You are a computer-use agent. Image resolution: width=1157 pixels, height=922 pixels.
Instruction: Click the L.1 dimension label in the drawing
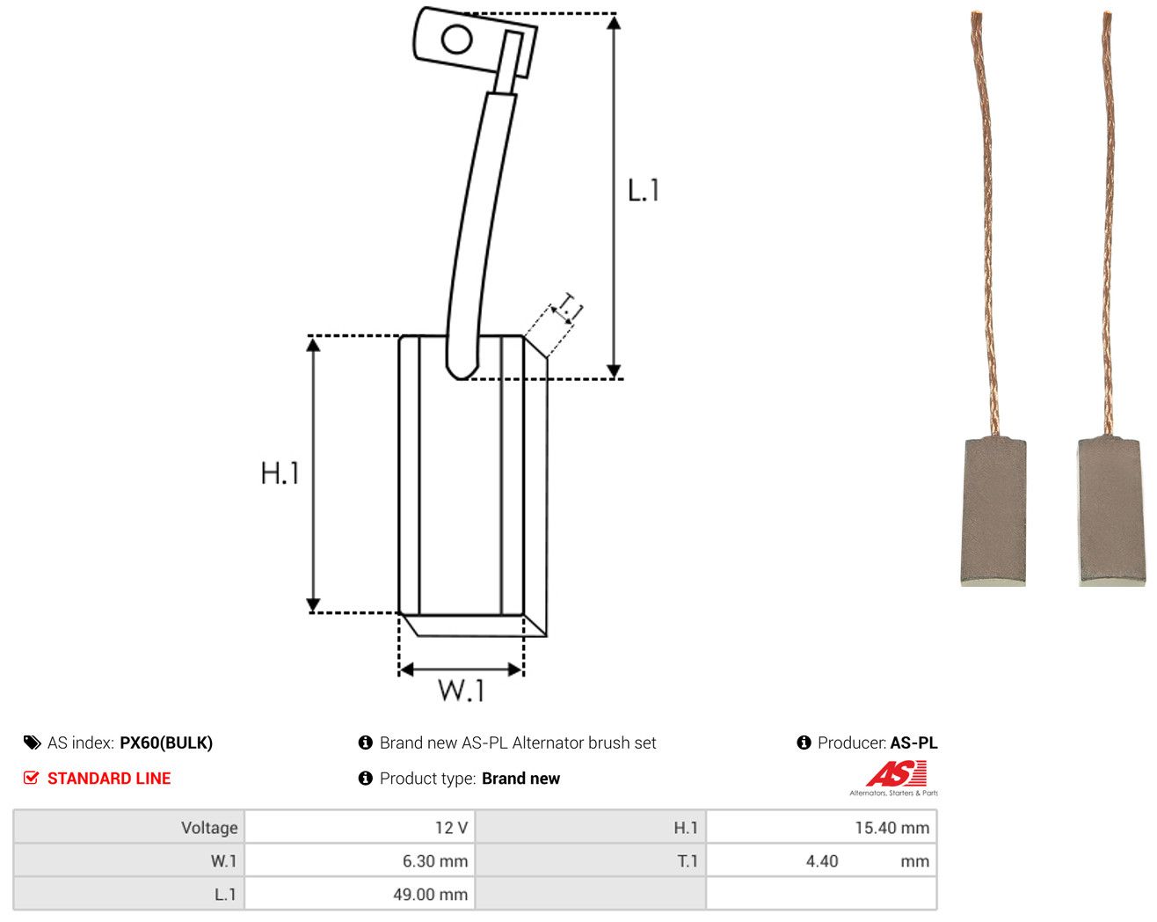(643, 190)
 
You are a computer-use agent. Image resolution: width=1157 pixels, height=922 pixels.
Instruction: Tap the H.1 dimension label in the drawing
(280, 472)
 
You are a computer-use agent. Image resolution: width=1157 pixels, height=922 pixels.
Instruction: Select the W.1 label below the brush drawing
(461, 690)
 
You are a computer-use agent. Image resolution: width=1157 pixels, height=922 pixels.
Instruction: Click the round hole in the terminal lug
(456, 40)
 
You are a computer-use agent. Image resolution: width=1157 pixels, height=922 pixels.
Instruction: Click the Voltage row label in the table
(209, 827)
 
